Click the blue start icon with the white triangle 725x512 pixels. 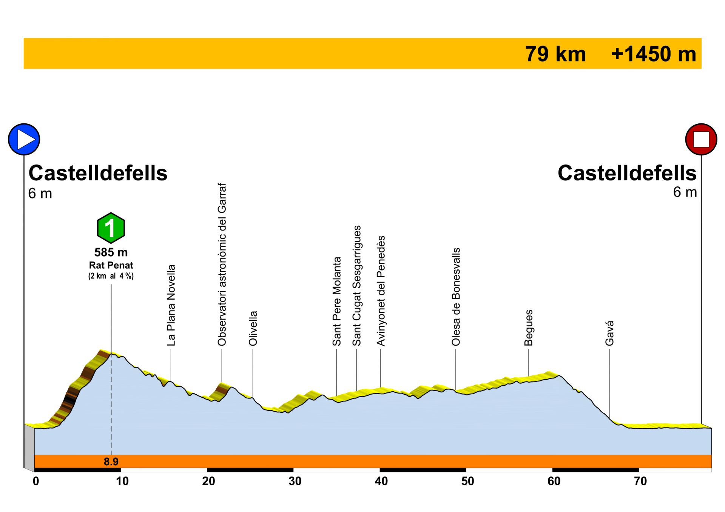(24, 139)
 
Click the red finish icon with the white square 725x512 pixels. (701, 139)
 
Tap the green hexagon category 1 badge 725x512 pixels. (111, 228)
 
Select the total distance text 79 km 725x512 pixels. (555, 54)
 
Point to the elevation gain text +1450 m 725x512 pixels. (654, 54)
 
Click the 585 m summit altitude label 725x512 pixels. (111, 252)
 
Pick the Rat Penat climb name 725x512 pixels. (111, 265)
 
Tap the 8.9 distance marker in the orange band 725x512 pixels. (111, 461)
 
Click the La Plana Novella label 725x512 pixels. (171, 305)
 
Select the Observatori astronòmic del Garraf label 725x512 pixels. (222, 264)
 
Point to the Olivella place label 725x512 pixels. (253, 328)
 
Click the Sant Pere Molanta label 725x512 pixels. (337, 301)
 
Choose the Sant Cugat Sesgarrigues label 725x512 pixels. (357, 286)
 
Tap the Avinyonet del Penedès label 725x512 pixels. (381, 291)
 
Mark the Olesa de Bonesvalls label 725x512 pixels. (456, 297)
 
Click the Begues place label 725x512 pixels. (529, 327)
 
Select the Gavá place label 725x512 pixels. (609, 333)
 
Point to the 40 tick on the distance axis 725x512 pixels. (381, 481)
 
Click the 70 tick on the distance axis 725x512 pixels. (640, 481)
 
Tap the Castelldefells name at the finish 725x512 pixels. (627, 173)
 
